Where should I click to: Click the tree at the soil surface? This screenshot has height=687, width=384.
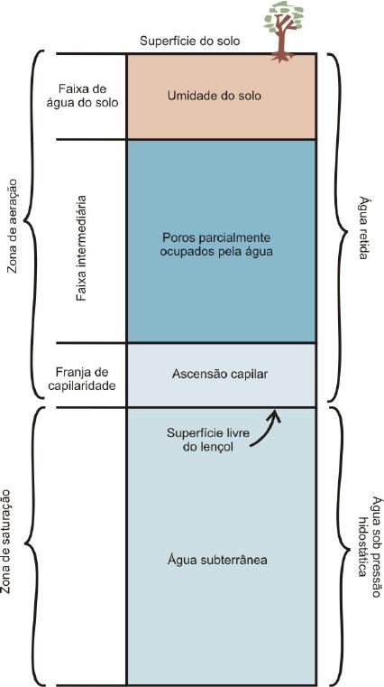pyautogui.click(x=283, y=32)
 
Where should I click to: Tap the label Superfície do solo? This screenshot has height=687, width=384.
pyautogui.click(x=190, y=42)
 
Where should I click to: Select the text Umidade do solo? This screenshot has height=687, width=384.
pyautogui.click(x=215, y=95)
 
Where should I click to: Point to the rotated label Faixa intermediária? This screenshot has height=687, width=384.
pyautogui.click(x=80, y=248)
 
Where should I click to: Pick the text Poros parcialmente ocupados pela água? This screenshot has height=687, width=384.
pyautogui.click(x=216, y=245)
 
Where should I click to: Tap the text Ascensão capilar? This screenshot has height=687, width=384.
pyautogui.click(x=220, y=374)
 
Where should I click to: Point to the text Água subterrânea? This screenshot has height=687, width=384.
pyautogui.click(x=217, y=560)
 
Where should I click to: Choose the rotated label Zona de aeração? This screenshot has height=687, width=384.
pyautogui.click(x=12, y=226)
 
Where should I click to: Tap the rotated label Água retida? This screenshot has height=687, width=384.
pyautogui.click(x=363, y=227)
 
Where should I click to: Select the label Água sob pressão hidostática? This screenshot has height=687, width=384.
pyautogui.click(x=370, y=547)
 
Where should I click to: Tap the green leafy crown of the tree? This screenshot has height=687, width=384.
pyautogui.click(x=284, y=16)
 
